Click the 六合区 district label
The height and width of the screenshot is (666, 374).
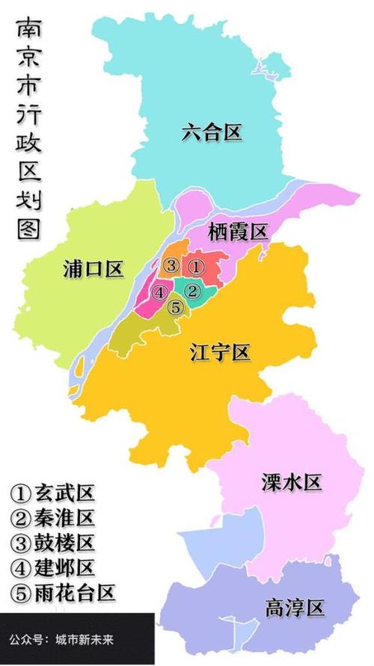pyautogui.click(x=212, y=133)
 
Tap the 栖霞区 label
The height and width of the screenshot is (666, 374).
pyautogui.click(x=237, y=232)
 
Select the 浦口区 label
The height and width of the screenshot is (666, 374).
pyautogui.click(x=93, y=270)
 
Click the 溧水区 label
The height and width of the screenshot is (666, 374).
pyautogui.click(x=292, y=482)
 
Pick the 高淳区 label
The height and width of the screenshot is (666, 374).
pyautogui.click(x=294, y=607)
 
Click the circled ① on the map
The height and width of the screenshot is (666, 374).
pyautogui.click(x=194, y=265)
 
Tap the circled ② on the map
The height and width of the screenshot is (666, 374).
pyautogui.click(x=192, y=291)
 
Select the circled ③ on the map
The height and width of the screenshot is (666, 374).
pyautogui.click(x=171, y=265)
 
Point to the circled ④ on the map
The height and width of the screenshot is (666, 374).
pyautogui.click(x=159, y=292)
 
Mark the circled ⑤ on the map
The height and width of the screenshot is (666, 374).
pyautogui.click(x=175, y=306)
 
